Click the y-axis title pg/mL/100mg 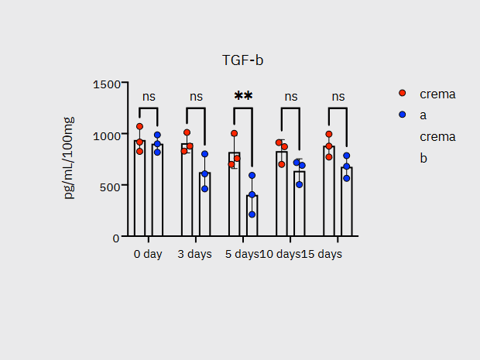pyautogui.click(x=69, y=159)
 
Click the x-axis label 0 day pyautogui.click(x=148, y=254)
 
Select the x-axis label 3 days pyautogui.click(x=194, y=254)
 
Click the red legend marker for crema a pyautogui.click(x=403, y=94)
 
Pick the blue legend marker pyautogui.click(x=403, y=115)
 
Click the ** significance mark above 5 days pyautogui.click(x=243, y=97)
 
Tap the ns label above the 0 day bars pyautogui.click(x=149, y=97)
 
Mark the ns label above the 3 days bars pyautogui.click(x=196, y=97)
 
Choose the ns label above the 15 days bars pyautogui.click(x=338, y=97)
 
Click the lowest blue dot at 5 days pyautogui.click(x=252, y=214)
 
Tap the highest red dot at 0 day pyautogui.click(x=140, y=126)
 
